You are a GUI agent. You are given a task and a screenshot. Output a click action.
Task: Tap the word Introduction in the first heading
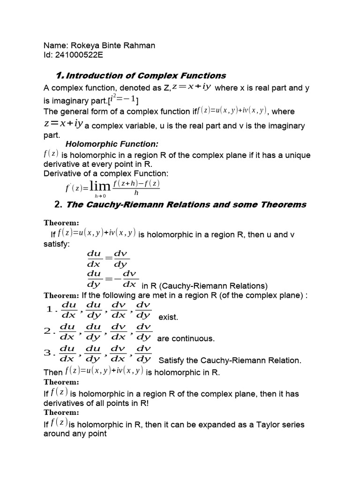pyautogui.click(x=91, y=75)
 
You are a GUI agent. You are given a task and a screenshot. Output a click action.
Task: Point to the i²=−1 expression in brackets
pyautogui.click(x=123, y=99)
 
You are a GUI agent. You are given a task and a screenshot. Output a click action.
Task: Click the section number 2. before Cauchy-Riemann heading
pyautogui.click(x=58, y=204)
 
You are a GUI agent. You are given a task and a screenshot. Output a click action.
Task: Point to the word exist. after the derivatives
pyautogui.click(x=168, y=317)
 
